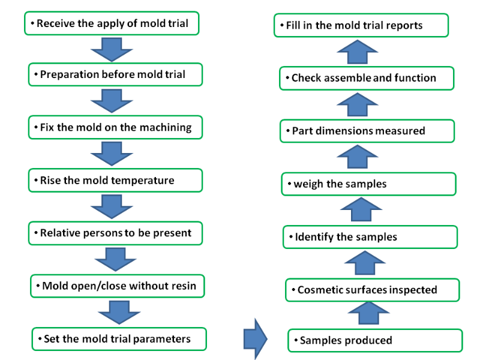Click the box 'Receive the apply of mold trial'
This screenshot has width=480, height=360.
pos(112,23)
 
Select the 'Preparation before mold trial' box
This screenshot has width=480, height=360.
pos(115,74)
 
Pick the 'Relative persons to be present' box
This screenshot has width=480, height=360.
pos(115,233)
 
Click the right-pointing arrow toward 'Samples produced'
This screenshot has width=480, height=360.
pos(256,339)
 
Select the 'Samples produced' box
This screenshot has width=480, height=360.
pos(375,340)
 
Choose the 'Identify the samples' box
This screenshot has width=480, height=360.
pos(370,237)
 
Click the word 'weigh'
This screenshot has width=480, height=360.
pos(308,184)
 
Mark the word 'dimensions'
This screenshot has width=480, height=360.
pos(344,131)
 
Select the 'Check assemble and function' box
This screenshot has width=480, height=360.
pos(367,79)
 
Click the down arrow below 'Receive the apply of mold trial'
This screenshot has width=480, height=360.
pos(112,50)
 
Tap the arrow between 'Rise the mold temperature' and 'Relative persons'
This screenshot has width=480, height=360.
pos(112,207)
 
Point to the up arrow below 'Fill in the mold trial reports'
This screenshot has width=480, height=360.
pos(357,52)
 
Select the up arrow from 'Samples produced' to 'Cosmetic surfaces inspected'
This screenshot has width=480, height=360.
pos(368,313)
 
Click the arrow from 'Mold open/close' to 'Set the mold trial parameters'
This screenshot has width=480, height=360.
pos(119,312)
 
